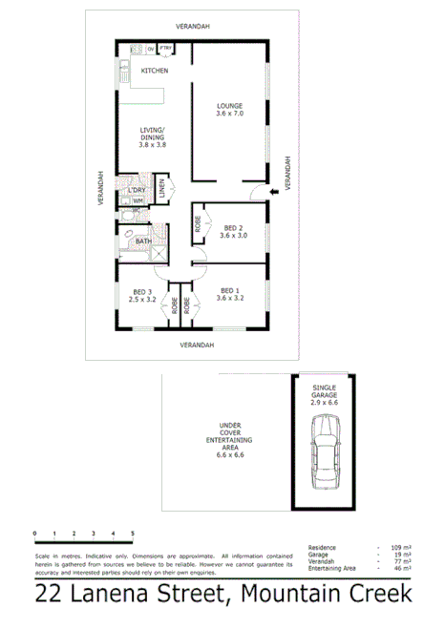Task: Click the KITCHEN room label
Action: [155, 72]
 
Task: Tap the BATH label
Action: [142, 241]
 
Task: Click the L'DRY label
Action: [137, 191]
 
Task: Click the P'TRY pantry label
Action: [165, 48]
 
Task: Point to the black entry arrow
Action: [275, 192]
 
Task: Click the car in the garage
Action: [324, 462]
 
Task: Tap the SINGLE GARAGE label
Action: [326, 394]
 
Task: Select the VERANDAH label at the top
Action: [193, 26]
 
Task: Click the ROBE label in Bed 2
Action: [199, 225]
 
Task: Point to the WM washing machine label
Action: [138, 201]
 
